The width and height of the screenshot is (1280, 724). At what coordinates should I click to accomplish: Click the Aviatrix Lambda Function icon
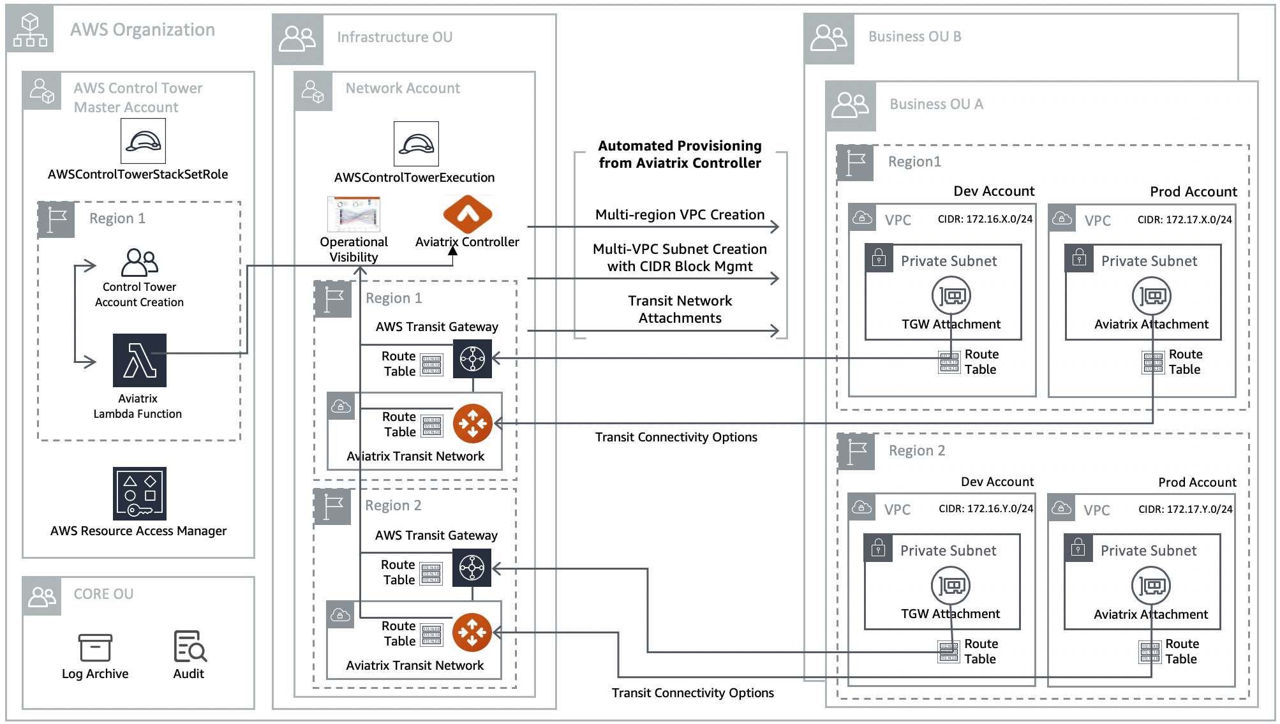point(139,360)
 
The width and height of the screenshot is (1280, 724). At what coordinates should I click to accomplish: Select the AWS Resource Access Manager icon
point(139,494)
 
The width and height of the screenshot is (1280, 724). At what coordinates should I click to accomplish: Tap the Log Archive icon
point(95,647)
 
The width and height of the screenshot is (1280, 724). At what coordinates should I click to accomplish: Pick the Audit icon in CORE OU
point(190,646)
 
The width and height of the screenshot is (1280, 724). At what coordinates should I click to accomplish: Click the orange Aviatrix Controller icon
point(468,214)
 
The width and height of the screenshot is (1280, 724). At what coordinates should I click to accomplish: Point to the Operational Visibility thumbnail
point(353,214)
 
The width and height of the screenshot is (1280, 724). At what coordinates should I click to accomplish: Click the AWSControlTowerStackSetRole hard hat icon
point(143,141)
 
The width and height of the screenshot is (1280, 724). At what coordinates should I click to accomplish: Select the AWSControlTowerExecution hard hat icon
point(416,144)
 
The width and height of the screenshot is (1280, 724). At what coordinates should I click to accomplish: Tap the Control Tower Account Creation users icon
point(139,262)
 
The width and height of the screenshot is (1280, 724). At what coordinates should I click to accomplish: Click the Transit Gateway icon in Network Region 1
point(472,358)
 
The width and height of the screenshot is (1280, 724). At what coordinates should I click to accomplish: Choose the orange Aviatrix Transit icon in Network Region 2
point(472,632)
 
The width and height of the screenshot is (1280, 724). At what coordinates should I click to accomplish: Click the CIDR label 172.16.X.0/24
point(985,219)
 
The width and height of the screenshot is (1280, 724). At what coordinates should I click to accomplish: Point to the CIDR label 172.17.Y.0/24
point(1185,509)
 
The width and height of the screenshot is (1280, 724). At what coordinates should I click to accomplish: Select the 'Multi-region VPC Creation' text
point(680,215)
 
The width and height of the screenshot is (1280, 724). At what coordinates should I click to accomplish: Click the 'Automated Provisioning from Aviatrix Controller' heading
point(680,154)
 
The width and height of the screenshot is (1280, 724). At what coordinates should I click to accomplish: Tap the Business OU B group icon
point(828,38)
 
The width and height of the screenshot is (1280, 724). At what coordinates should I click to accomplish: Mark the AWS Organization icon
point(30,30)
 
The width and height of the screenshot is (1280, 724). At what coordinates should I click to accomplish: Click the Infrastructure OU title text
point(394,38)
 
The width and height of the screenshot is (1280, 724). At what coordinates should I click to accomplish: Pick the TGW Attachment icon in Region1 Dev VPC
point(951,296)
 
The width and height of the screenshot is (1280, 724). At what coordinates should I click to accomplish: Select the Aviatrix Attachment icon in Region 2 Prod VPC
point(1150,586)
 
